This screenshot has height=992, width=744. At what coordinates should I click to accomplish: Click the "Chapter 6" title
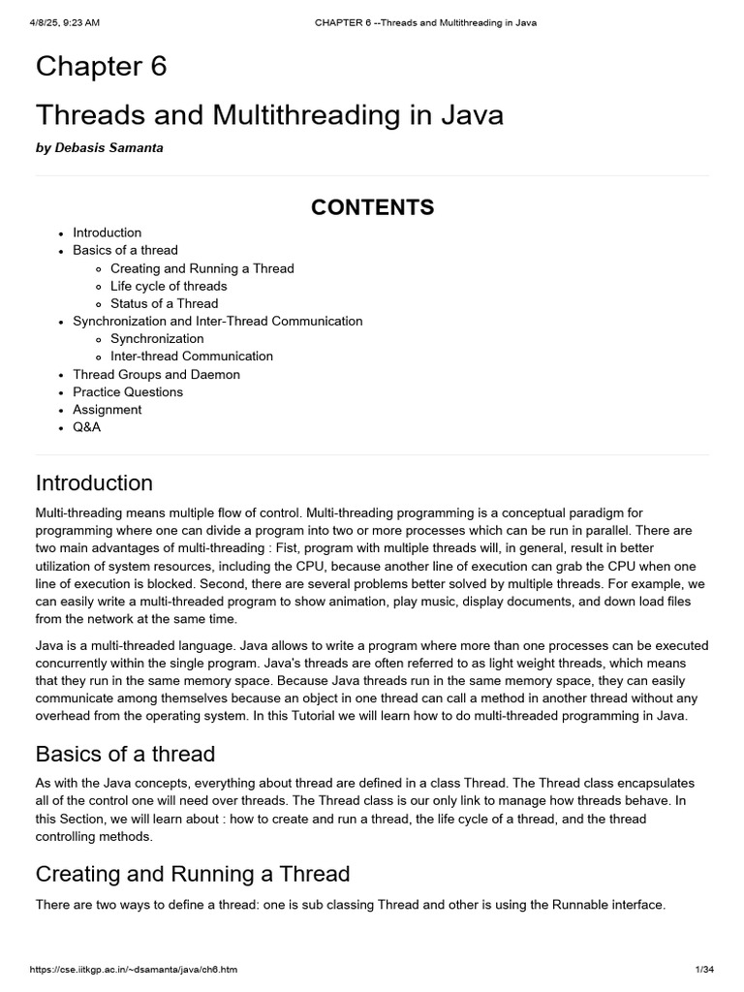click(x=101, y=67)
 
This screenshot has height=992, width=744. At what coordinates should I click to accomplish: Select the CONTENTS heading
click(x=372, y=207)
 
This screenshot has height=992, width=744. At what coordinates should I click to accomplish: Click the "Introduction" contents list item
click(x=107, y=232)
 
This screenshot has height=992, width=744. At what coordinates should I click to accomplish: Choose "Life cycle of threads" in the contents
click(x=169, y=286)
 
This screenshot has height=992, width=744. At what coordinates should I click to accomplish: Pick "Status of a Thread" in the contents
click(x=164, y=303)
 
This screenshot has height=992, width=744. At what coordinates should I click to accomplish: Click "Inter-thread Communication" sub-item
click(x=191, y=356)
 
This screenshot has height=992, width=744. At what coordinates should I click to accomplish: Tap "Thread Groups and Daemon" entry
click(x=156, y=374)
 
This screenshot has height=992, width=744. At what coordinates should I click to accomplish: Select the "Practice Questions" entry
click(x=128, y=391)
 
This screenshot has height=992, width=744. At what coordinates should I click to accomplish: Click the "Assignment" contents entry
click(x=107, y=410)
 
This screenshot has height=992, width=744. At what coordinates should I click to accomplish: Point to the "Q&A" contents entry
click(x=86, y=427)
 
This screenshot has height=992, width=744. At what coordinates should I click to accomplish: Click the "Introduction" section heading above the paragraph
click(x=94, y=482)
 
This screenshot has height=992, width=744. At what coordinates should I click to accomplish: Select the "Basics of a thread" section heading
click(x=125, y=754)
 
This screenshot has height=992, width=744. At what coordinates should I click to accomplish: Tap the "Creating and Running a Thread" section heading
click(x=192, y=874)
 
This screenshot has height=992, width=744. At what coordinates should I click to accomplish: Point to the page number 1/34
click(x=703, y=970)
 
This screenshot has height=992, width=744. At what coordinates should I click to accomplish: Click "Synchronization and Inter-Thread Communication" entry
click(x=217, y=321)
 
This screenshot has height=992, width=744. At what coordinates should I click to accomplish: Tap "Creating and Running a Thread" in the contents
click(x=201, y=268)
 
